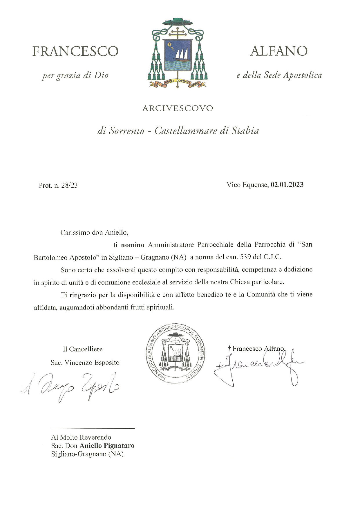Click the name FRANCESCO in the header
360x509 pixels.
[75, 52]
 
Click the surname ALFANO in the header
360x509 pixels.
[279, 51]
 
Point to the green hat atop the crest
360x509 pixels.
[177, 22]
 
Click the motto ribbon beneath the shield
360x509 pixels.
[177, 83]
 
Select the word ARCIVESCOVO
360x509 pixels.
[178, 108]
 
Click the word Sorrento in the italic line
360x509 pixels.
[126, 131]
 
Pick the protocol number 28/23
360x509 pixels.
[69, 185]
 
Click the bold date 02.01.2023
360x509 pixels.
[287, 185]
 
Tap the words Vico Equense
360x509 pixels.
[247, 185]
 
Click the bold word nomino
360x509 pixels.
[133, 245]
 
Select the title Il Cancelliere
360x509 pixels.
[83, 349]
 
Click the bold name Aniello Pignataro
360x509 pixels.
[107, 445]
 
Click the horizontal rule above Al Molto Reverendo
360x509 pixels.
[93, 428]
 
